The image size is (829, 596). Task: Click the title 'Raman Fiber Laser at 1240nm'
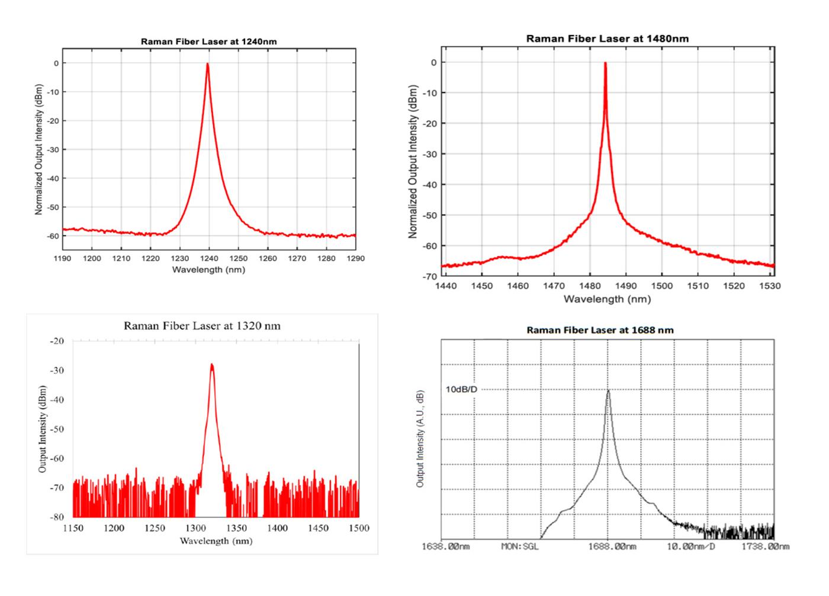208,41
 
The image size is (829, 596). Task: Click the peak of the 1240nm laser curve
207,64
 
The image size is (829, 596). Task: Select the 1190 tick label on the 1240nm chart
62,258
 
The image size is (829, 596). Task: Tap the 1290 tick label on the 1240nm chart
355,258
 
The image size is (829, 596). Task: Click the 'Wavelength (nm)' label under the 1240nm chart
208,270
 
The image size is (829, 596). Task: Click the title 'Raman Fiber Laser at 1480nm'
607,39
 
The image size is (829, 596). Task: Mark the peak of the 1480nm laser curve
605,63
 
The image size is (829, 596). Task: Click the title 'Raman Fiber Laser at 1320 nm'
202,326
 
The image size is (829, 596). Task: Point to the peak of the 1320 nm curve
212,365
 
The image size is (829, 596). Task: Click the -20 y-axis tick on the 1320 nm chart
58,341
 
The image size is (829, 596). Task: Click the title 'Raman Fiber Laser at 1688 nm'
600,330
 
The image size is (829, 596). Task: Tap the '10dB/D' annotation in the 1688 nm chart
461,389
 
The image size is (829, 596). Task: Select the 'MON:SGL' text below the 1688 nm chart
520,546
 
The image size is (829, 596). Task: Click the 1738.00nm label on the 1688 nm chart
765,546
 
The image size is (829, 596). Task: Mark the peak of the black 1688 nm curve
608,390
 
